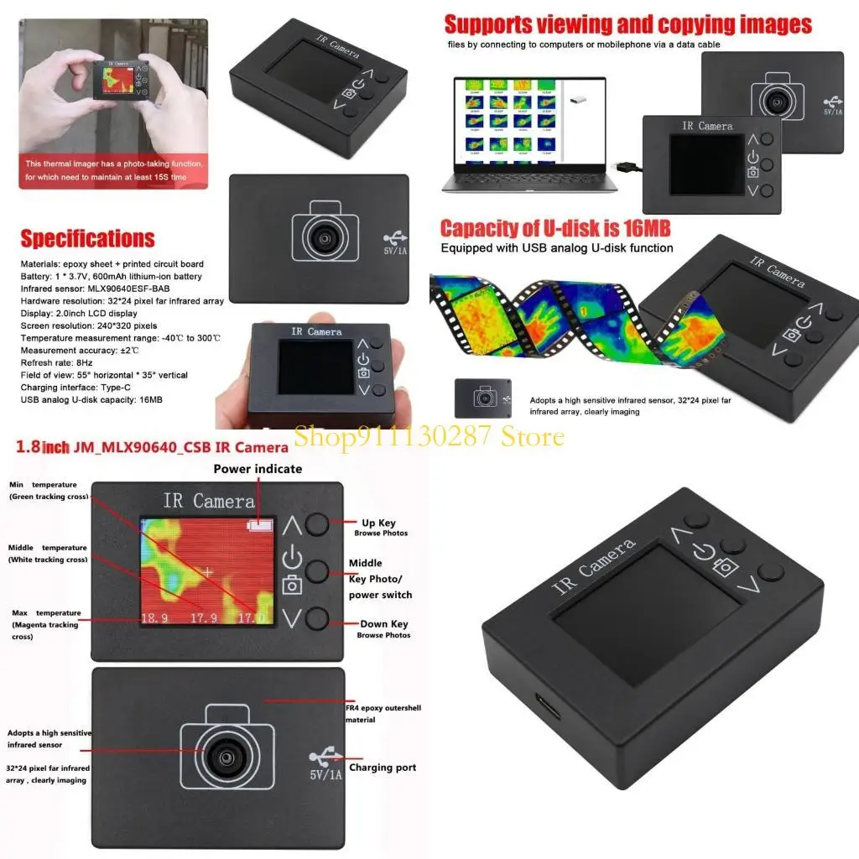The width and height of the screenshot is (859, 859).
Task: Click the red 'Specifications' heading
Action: tap(87, 239)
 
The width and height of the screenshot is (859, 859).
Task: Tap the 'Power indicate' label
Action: tap(258, 469)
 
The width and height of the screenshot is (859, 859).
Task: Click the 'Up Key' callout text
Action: tap(378, 523)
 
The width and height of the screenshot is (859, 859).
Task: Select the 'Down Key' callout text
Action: tap(383, 624)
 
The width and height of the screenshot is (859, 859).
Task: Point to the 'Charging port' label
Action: tap(383, 768)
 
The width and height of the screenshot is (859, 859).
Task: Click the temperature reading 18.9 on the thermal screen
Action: tap(154, 620)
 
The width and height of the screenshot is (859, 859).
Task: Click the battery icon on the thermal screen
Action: tap(260, 525)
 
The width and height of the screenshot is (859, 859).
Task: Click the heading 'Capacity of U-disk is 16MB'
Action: tap(555, 229)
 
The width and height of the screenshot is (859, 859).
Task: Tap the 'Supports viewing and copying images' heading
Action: tap(627, 24)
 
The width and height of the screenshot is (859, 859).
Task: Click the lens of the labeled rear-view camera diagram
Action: tap(226, 756)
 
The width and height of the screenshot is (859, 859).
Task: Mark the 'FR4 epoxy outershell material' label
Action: tap(383, 713)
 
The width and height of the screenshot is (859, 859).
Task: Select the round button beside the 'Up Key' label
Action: tap(316, 524)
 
